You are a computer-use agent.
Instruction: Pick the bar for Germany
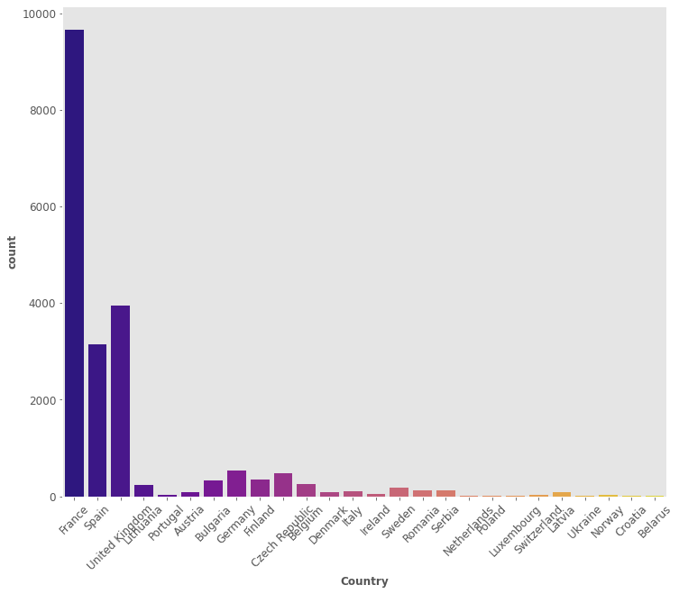(x=236, y=483)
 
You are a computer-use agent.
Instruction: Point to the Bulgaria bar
(x=214, y=489)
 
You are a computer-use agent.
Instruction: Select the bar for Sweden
(x=399, y=492)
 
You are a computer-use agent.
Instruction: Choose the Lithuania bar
(x=143, y=490)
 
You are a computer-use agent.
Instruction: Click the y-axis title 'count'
(x=12, y=251)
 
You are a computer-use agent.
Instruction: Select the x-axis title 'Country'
(x=364, y=581)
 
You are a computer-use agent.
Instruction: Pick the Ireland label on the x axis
(x=376, y=521)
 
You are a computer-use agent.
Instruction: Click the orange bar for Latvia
(x=562, y=494)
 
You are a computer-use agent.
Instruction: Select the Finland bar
(x=260, y=488)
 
